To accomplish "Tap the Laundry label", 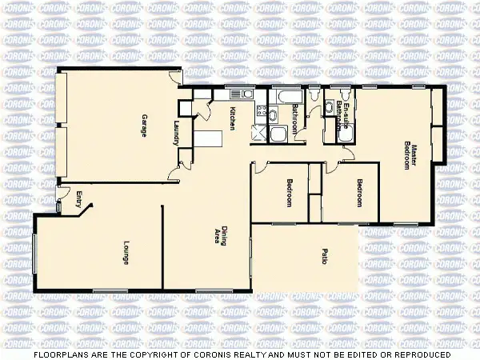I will tap(176, 132).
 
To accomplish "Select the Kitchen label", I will tap(232, 119).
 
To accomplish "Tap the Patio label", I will tap(324, 258).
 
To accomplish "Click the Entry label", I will tap(78, 199).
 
